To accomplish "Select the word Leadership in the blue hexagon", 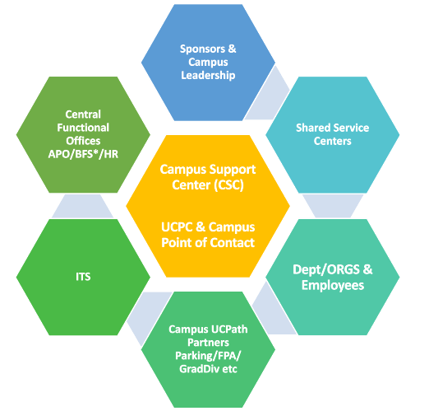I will point(208,75).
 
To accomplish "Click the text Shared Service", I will point(332,128).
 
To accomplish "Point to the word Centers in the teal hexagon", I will point(332,141).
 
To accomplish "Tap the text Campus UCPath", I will point(209,330).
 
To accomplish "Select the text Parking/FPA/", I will point(209,344).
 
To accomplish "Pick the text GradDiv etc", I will point(209,358).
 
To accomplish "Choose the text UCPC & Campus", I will point(207,227).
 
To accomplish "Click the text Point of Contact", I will point(207,242).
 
